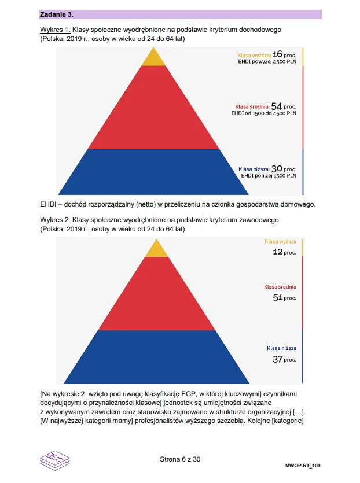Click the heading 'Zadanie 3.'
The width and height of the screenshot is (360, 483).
click(57, 14)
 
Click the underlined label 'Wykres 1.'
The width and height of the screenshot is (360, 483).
click(55, 29)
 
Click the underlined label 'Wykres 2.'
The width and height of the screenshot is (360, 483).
click(55, 220)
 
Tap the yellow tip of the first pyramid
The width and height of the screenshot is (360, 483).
click(153, 58)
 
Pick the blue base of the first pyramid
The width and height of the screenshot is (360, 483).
click(153, 172)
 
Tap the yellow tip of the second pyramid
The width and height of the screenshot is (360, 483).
click(156, 249)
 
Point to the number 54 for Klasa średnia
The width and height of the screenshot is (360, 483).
click(277, 106)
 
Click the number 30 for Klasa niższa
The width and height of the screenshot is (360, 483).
click(277, 169)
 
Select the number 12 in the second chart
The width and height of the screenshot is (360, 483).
click(278, 252)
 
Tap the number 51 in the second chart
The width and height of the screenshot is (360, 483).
click(278, 297)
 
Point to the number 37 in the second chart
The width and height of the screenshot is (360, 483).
click(278, 359)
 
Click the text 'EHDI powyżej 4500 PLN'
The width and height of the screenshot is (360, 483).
click(267, 61)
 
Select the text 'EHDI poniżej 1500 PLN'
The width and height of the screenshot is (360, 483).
click(269, 175)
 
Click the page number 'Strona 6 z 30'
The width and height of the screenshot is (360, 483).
click(180, 459)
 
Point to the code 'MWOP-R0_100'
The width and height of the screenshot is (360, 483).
click(303, 465)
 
